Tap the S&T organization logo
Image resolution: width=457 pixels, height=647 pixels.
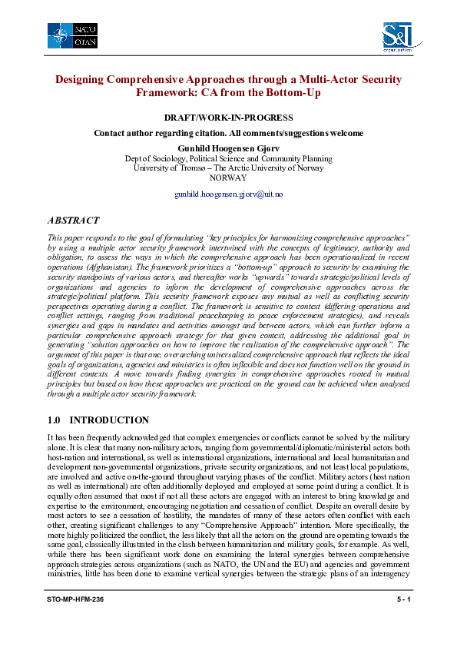click(399, 35)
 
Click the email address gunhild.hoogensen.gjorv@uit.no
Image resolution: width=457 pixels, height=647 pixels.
click(229, 194)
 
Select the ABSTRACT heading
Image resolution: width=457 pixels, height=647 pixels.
click(74, 220)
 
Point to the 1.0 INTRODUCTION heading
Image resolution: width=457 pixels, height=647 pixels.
click(98, 420)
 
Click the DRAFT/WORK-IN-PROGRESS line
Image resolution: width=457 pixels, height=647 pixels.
click(229, 118)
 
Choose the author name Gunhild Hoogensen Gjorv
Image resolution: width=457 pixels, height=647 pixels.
click(229, 147)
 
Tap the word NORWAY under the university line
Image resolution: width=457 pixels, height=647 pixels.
click(229, 177)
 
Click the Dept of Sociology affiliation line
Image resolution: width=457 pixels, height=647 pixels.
click(229, 158)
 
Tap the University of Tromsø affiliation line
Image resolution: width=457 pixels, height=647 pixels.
click(229, 168)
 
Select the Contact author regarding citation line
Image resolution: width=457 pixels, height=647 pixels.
click(229, 133)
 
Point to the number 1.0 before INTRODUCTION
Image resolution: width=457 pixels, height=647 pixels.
click(54, 420)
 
